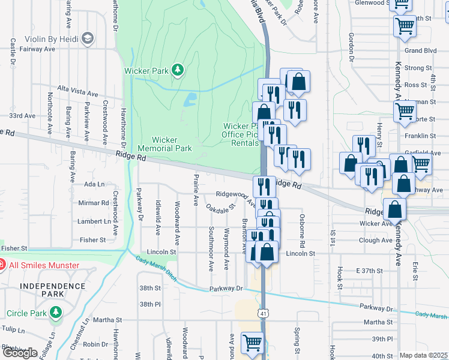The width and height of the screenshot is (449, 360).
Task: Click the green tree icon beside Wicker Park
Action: pos(177,71)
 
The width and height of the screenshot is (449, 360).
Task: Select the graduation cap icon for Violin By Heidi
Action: pos(88,38)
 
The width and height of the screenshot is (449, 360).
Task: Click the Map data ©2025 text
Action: pos(423,355)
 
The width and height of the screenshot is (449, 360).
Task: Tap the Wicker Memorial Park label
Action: pos(164,144)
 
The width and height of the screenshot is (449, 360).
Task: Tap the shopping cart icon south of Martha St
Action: pos(252,343)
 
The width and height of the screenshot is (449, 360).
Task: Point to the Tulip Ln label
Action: pos(13,330)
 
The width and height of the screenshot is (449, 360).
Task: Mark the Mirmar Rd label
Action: pos(92,203)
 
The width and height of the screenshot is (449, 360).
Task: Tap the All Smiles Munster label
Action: pos(44,265)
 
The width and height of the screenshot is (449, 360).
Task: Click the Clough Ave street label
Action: pos(376,241)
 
